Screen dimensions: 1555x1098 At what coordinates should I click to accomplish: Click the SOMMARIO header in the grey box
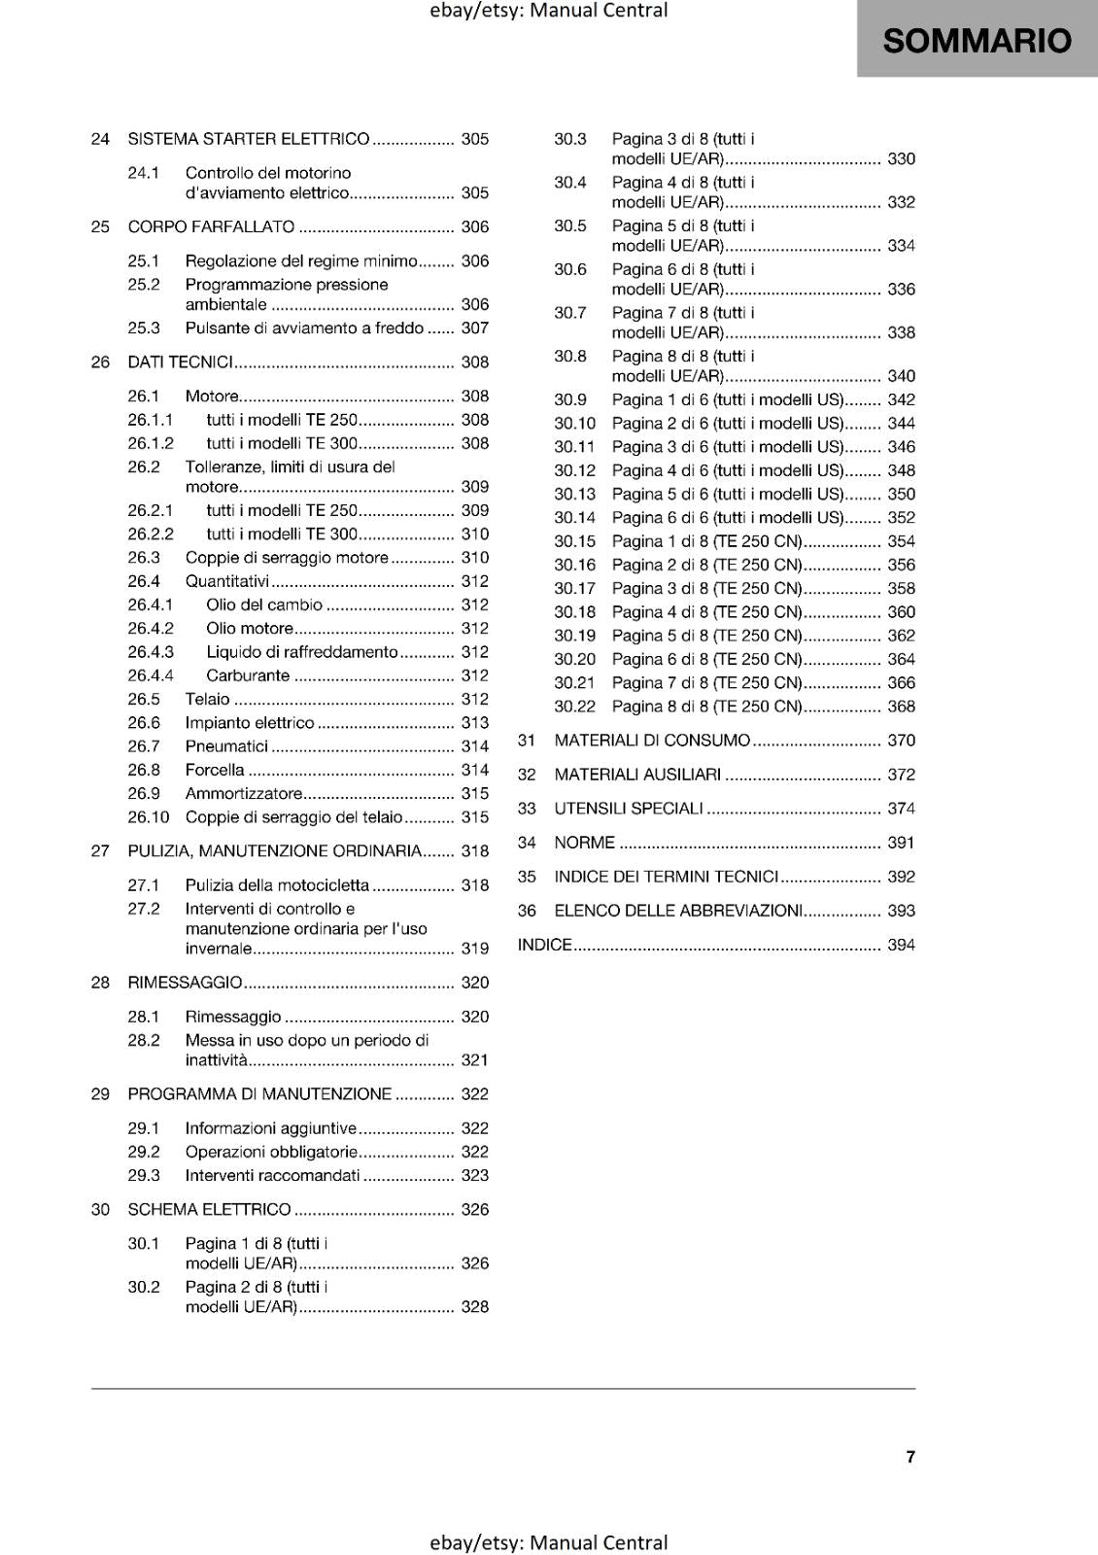(977, 41)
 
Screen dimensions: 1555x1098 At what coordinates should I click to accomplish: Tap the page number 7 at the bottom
(910, 1457)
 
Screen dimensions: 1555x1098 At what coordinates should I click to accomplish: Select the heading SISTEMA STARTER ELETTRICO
(249, 139)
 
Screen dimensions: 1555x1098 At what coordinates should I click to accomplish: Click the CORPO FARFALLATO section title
(211, 226)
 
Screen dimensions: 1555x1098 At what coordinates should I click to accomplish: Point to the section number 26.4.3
(151, 652)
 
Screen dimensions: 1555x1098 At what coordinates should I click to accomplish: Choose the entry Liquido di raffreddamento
(302, 652)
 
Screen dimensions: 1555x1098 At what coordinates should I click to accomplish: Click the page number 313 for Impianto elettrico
(475, 723)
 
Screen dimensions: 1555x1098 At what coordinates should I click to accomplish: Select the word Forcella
(215, 770)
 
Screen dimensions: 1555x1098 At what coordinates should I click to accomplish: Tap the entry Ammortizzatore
(244, 793)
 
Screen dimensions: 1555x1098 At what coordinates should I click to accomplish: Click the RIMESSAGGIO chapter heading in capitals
(185, 983)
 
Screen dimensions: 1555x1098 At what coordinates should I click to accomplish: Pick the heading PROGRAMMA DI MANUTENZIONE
(259, 1094)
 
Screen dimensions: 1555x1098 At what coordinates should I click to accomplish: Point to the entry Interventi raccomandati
(272, 1175)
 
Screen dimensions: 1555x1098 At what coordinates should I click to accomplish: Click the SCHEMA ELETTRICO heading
(209, 1210)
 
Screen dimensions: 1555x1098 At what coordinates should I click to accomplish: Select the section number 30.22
(574, 707)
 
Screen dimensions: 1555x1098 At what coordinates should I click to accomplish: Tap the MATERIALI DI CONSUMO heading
(652, 741)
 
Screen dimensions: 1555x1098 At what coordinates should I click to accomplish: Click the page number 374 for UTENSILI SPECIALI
(901, 809)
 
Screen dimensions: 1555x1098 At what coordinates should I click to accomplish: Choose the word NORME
(584, 843)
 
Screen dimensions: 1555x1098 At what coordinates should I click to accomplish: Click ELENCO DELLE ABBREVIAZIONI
(678, 911)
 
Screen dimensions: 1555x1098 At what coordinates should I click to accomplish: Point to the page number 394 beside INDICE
(901, 945)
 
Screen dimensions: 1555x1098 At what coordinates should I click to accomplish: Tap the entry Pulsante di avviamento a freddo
(304, 328)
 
